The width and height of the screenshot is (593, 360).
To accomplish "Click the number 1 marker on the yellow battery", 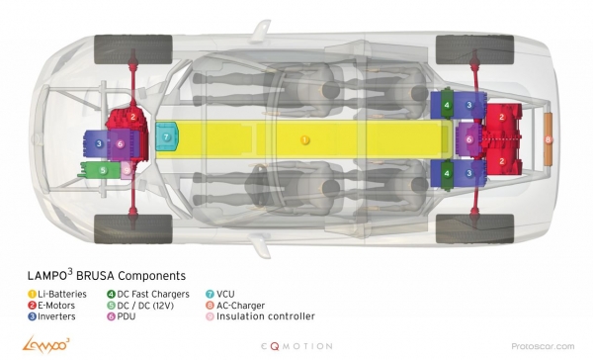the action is click(304, 140).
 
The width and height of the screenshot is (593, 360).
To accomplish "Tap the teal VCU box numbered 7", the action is click(166, 136).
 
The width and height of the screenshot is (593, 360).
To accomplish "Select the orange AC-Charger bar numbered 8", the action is click(548, 139).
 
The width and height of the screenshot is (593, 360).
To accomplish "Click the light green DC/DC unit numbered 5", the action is click(100, 170).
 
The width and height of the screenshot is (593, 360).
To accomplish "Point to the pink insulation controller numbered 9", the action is click(127, 170).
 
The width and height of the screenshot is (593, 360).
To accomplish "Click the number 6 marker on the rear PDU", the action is click(469, 139).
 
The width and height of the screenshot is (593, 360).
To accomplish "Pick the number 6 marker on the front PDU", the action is click(120, 143).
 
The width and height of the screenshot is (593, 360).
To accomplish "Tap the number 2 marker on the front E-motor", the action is click(132, 117).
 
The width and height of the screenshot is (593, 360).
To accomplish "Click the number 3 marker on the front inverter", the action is click(99, 143).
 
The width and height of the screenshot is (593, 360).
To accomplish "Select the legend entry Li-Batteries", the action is click(57, 294).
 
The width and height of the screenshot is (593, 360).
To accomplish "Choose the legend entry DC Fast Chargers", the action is click(148, 294).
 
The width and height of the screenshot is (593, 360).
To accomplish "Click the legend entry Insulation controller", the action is click(261, 316).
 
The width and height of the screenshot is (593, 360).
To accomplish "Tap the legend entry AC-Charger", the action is click(235, 306).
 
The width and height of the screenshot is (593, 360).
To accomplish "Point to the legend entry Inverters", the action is click(51, 316).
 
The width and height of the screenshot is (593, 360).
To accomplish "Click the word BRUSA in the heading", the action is click(95, 276).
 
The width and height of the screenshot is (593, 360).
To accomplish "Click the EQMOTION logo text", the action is click(296, 346).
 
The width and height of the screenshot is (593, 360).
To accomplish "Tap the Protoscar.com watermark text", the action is click(543, 346).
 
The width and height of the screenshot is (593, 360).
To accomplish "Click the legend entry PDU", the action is click(122, 316).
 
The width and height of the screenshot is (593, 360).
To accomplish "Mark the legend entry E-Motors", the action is click(51, 306).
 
